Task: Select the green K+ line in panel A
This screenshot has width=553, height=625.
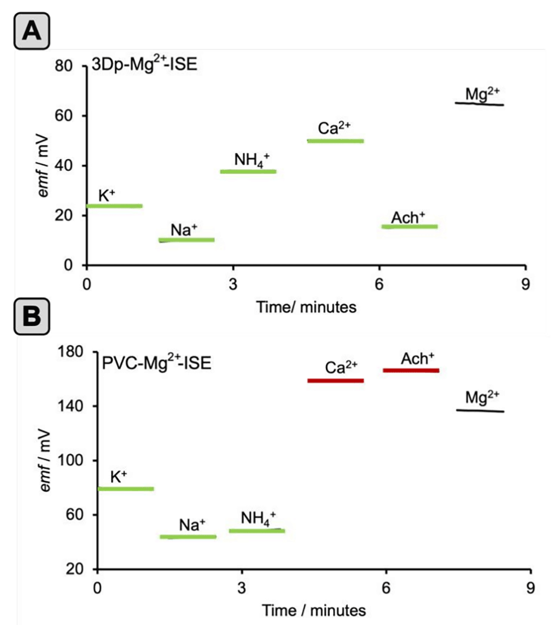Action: tap(114, 206)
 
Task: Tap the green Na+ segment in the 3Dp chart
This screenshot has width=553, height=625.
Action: tap(186, 240)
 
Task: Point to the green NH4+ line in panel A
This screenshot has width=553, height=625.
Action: tap(248, 171)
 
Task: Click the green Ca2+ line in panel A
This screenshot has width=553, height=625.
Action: tap(335, 141)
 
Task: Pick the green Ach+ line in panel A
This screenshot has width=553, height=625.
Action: tap(409, 226)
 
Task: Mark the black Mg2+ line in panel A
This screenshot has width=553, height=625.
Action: tap(479, 104)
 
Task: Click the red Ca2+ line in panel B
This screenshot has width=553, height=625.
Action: tap(335, 381)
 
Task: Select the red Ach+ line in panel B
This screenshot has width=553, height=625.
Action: tap(411, 370)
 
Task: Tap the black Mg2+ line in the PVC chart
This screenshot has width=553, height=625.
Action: tap(480, 411)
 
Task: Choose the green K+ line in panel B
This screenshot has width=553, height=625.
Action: tap(126, 489)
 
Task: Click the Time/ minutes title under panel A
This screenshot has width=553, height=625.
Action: tap(306, 307)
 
